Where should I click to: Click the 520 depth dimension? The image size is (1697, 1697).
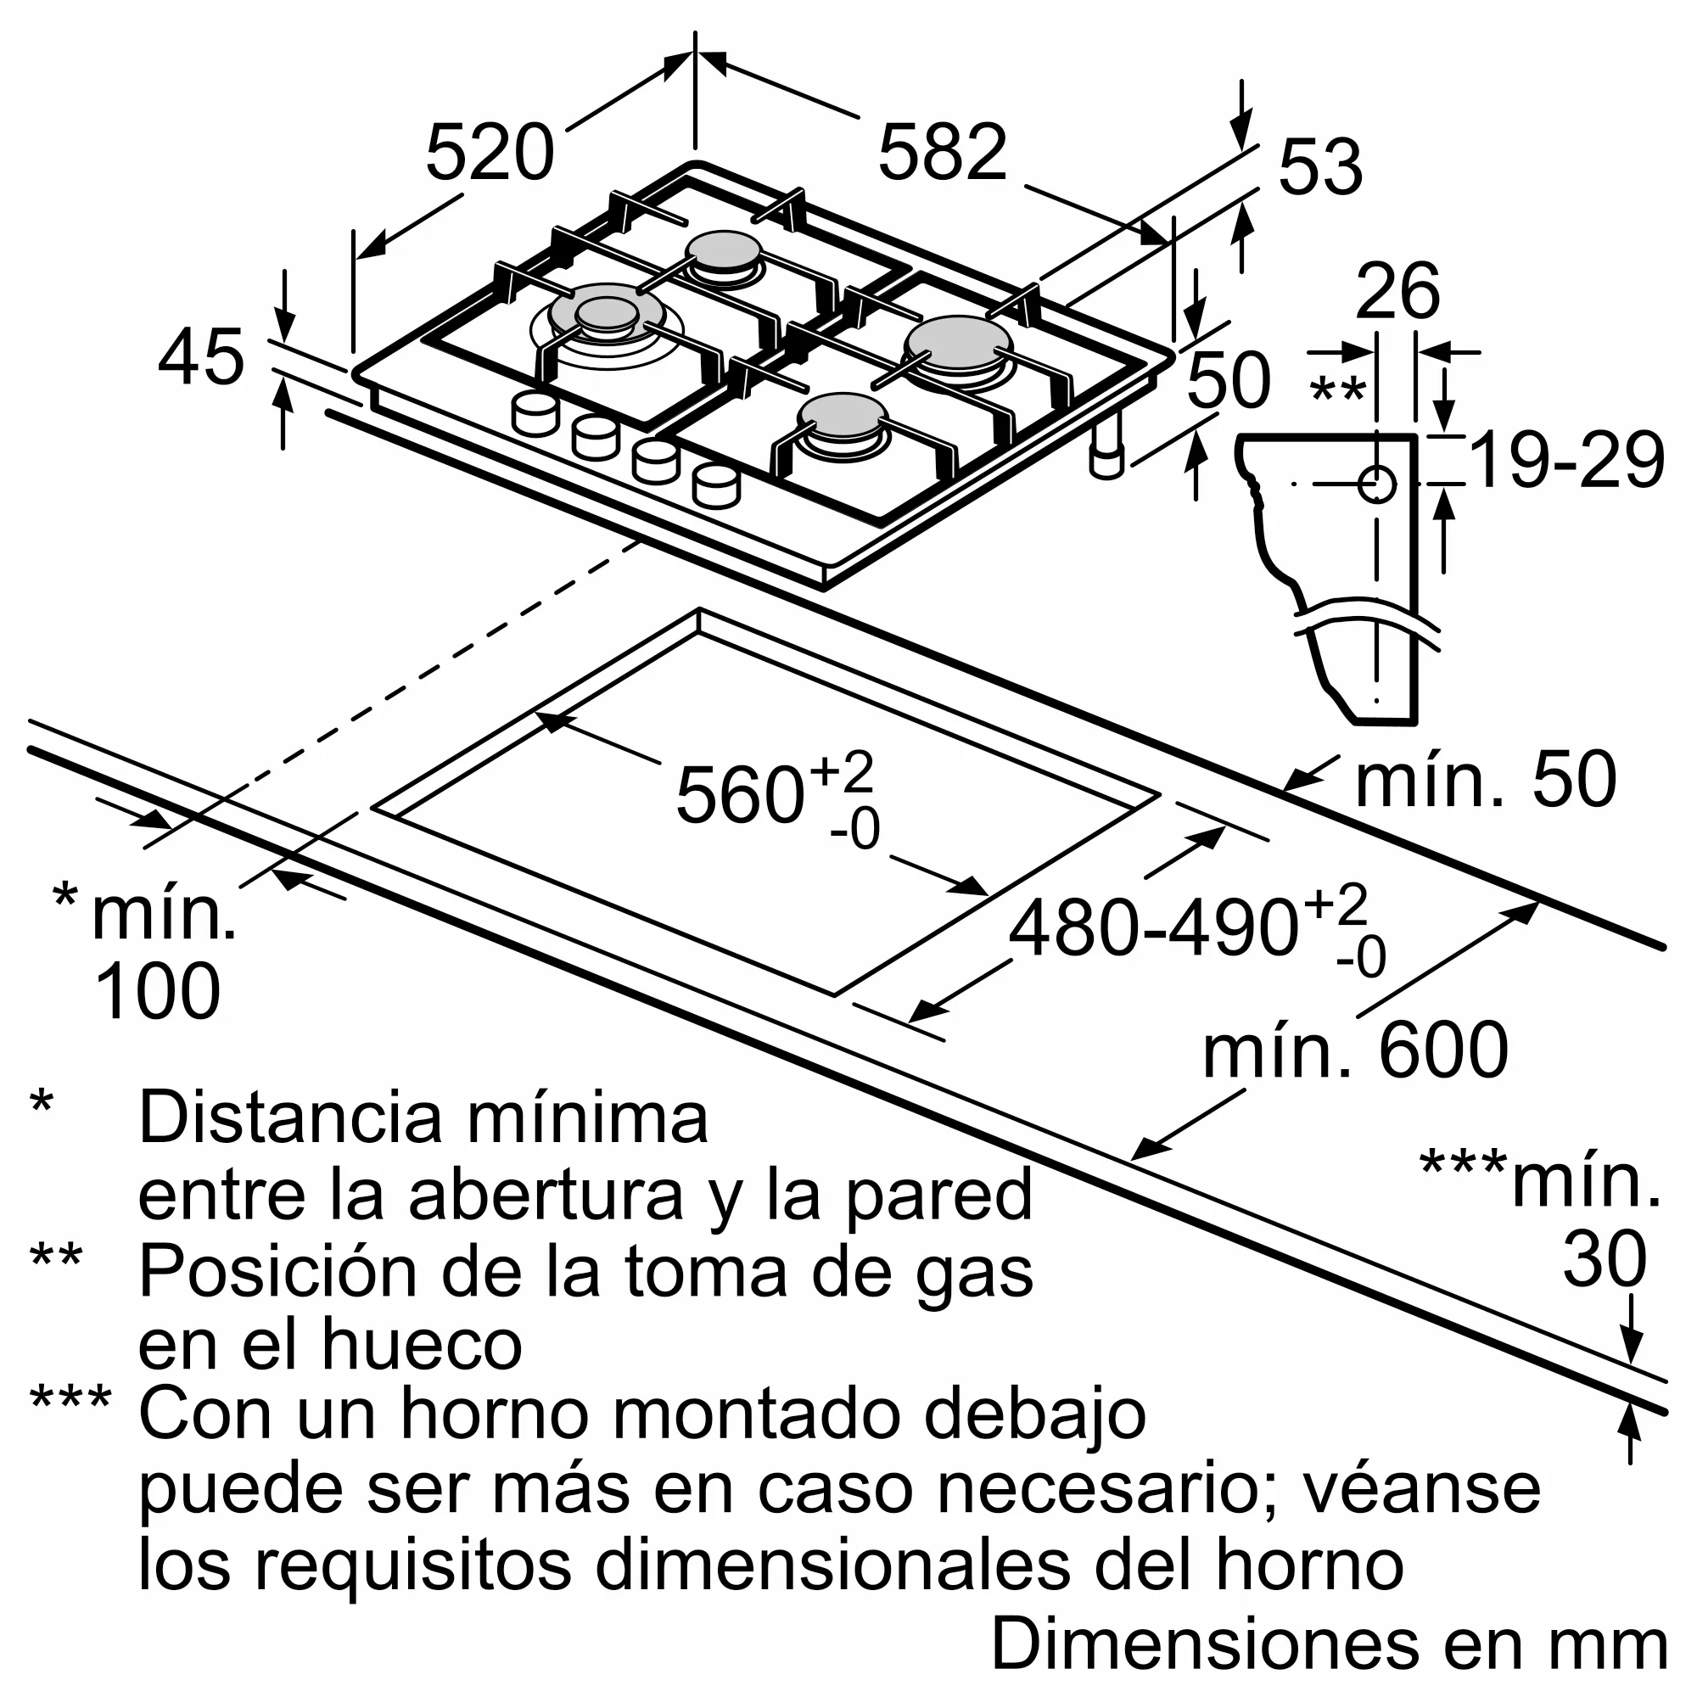(x=490, y=154)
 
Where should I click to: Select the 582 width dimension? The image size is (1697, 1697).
(x=942, y=154)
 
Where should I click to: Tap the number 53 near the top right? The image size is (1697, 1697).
(x=1319, y=167)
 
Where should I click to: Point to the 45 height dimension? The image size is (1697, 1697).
(x=200, y=357)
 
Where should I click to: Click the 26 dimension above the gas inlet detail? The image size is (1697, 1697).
(x=1397, y=291)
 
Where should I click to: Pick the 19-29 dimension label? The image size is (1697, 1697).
(x=1566, y=460)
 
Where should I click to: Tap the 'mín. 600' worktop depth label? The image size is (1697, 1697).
(x=1354, y=1051)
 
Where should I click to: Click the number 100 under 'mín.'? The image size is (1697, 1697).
(x=157, y=990)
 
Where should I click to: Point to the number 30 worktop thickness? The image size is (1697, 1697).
(x=1604, y=1258)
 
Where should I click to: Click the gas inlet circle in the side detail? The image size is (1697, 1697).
(x=1376, y=484)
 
